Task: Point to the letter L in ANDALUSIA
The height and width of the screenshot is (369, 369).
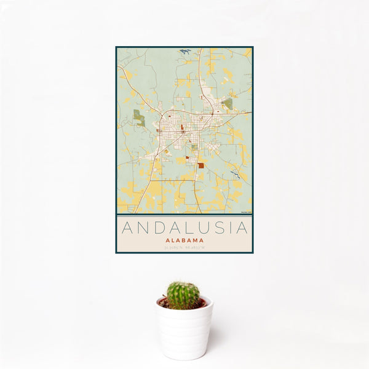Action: pos(189,228)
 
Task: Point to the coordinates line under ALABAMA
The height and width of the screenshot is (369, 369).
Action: pos(184,248)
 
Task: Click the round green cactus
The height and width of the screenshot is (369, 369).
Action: pos(183,295)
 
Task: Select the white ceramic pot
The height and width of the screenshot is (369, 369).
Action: pos(184,329)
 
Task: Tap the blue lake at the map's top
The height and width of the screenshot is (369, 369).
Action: pos(184,51)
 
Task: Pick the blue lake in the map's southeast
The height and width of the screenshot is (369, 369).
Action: pos(236,175)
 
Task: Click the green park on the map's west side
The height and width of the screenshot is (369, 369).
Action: pos(140,117)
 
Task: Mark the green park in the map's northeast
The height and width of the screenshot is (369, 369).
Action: pos(228,103)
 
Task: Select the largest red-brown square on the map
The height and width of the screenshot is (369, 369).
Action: pos(200,165)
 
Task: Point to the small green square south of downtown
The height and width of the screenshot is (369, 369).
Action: pos(194,147)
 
